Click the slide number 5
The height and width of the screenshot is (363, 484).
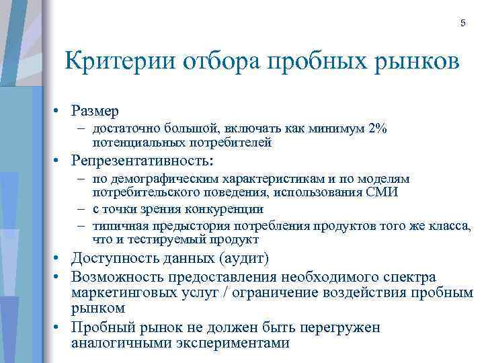[462, 24]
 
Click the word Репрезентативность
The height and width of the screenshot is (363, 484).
[140, 161]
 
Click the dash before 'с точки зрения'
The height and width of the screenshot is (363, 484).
[81, 209]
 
